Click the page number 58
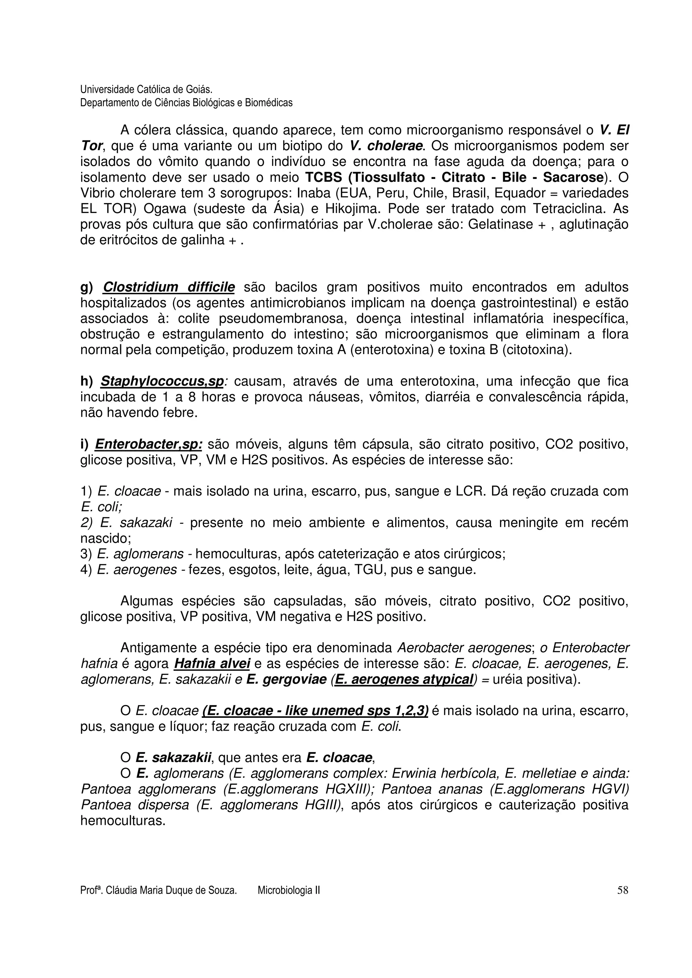click(622, 890)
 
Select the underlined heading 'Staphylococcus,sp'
click(162, 382)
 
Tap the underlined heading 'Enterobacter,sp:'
click(148, 445)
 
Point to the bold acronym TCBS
click(324, 178)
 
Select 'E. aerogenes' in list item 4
click(137, 570)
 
